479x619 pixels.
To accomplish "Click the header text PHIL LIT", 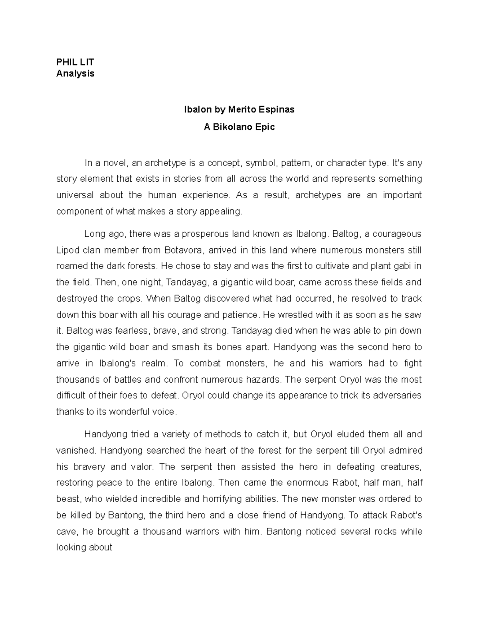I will click(75, 62).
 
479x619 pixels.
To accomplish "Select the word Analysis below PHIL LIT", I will click(75, 74).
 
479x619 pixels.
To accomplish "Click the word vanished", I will click(76, 450).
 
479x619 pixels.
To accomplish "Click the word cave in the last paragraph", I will click(66, 532).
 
